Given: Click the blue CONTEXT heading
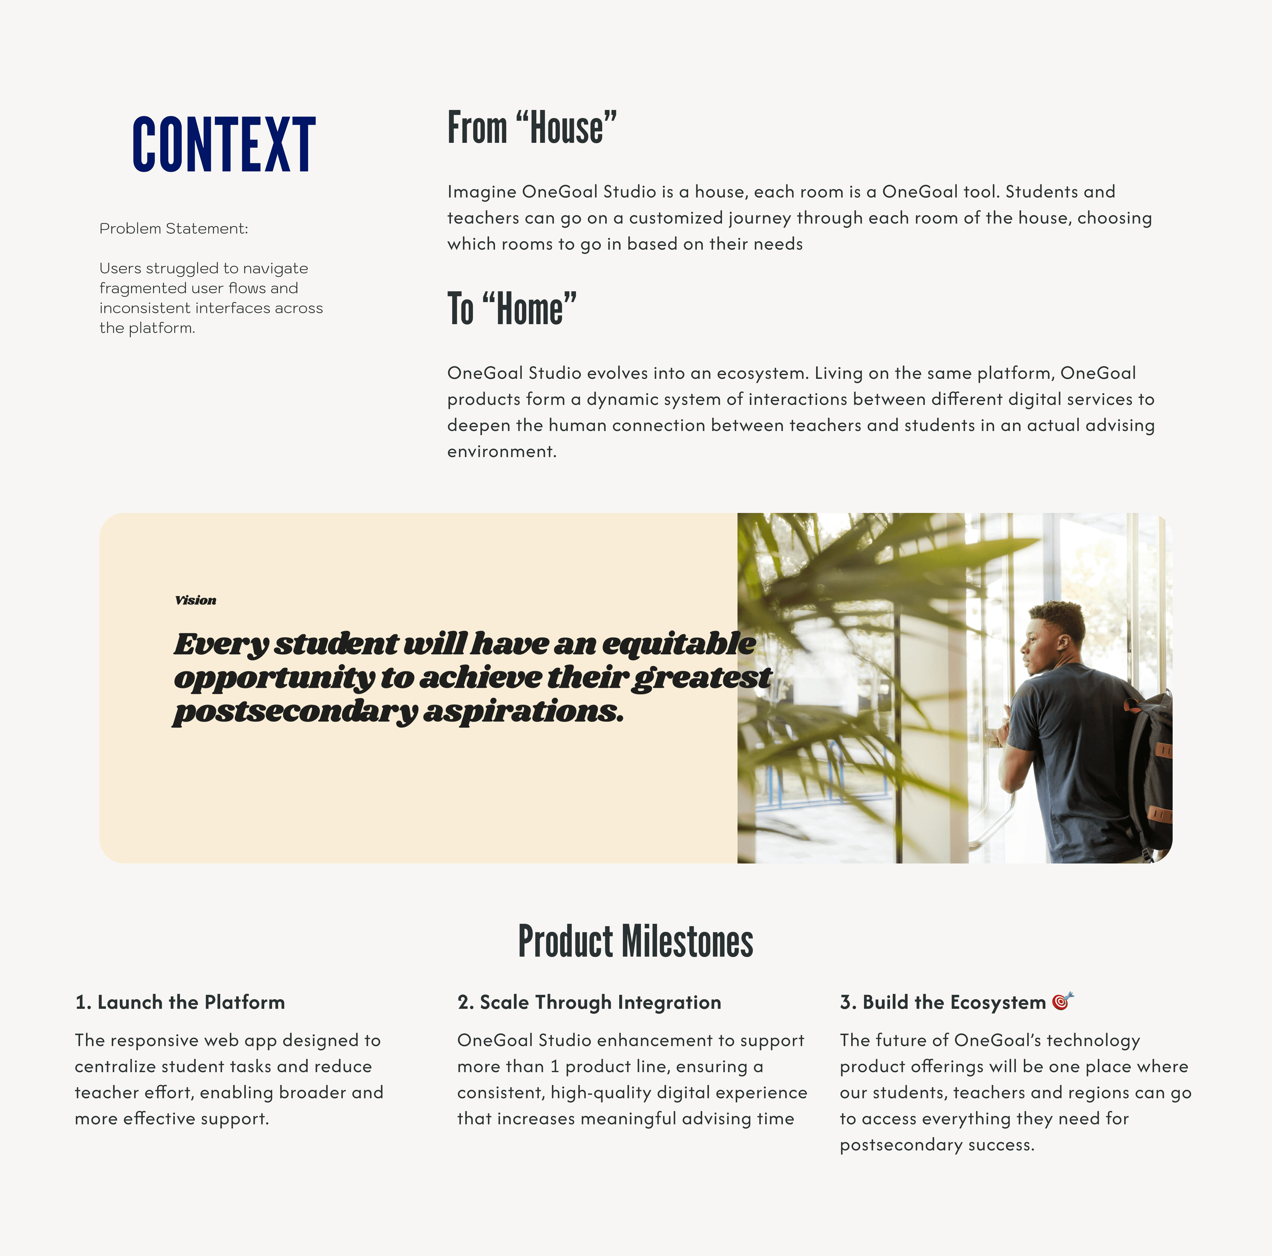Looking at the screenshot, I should [224, 145].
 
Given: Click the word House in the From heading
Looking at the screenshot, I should [566, 128].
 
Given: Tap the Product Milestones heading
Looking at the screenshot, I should [635, 941].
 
